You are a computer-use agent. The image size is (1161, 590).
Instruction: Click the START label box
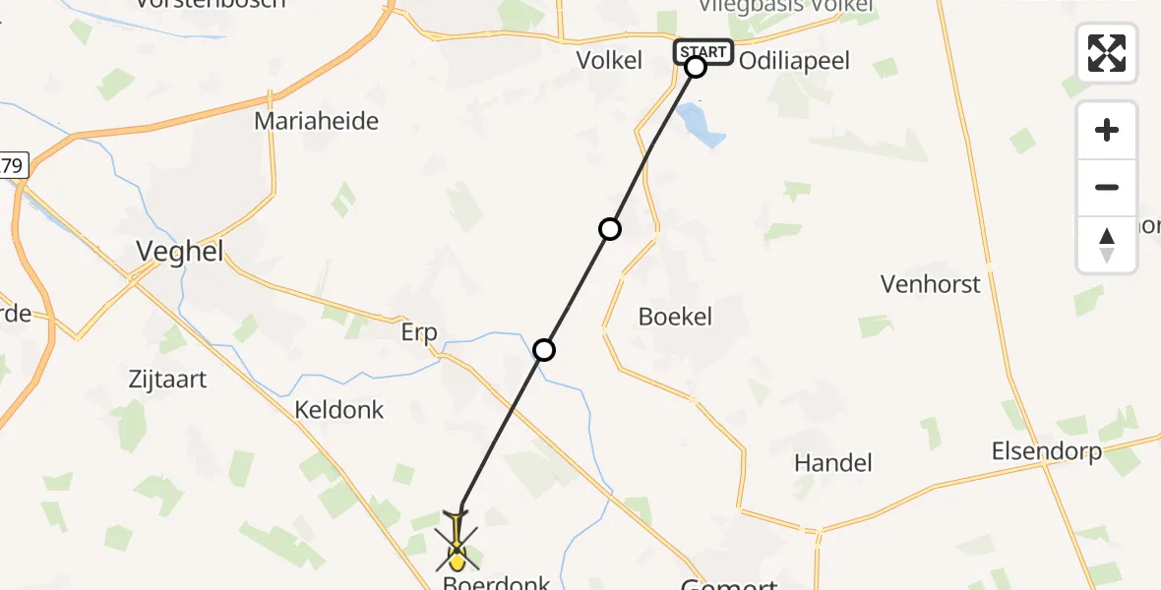pyautogui.click(x=703, y=51)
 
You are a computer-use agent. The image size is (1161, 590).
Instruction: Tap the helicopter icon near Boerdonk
pyautogui.click(x=458, y=542)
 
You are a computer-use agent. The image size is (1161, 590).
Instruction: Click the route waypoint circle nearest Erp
pyautogui.click(x=544, y=349)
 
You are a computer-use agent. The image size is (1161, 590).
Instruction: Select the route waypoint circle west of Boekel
pyautogui.click(x=610, y=229)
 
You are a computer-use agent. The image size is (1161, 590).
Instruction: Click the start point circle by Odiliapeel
pyautogui.click(x=696, y=67)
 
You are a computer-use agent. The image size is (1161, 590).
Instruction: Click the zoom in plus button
pyautogui.click(x=1107, y=130)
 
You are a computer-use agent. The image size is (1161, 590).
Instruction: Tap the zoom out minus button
pyautogui.click(x=1107, y=187)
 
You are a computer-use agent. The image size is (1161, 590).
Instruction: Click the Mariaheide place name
pyautogui.click(x=316, y=121)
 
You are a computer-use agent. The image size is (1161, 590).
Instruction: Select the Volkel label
pyautogui.click(x=609, y=60)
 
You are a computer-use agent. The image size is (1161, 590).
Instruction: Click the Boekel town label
pyautogui.click(x=675, y=317)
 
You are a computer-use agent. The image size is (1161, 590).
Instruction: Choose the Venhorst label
pyautogui.click(x=931, y=284)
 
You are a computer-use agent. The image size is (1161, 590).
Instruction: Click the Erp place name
pyautogui.click(x=419, y=332)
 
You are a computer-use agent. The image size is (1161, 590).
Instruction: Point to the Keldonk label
pyautogui.click(x=339, y=409)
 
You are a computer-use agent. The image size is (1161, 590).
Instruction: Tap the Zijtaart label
pyautogui.click(x=167, y=378)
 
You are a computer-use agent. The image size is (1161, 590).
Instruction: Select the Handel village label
pyautogui.click(x=832, y=462)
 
